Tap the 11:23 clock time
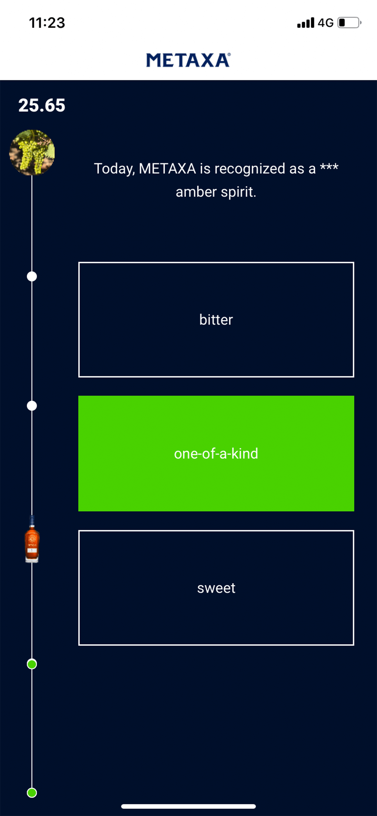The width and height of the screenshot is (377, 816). pos(47,23)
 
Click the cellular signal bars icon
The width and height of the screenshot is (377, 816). pos(305,23)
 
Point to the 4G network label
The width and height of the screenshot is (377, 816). pos(325,23)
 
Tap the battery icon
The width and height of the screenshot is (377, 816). pos(349,23)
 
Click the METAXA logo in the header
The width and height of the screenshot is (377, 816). pos(188,60)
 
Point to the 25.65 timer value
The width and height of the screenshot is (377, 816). pos(42,105)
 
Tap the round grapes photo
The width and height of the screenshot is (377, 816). pos(32,152)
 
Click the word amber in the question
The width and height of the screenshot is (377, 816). pos(196,192)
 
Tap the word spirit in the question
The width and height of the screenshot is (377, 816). pos(238,192)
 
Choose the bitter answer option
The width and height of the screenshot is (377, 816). pos(216,320)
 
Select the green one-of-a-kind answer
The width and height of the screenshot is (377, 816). pos(216,453)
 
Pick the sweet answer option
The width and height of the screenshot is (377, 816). pos(216,588)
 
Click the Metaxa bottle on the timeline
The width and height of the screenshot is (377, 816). pos(32,539)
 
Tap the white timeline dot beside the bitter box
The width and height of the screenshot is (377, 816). pos(32,277)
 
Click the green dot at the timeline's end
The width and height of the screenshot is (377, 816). pos(32,793)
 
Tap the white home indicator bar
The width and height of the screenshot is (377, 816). pos(188,806)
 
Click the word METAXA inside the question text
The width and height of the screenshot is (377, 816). pos(167,168)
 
